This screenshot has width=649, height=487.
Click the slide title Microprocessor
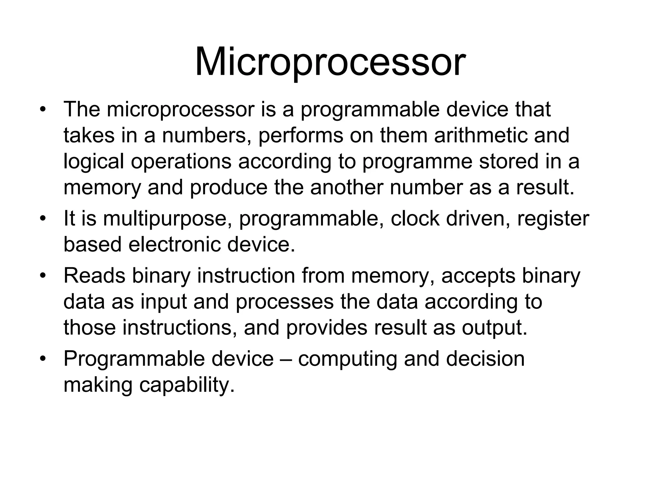[x=330, y=62]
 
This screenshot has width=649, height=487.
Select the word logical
[x=94, y=162]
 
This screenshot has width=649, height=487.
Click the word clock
[x=415, y=219]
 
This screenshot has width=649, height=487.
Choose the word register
[x=553, y=219]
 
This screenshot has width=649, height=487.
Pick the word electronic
[x=174, y=245]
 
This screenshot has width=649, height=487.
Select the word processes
[x=285, y=302]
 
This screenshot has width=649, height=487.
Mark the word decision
[x=485, y=359]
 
